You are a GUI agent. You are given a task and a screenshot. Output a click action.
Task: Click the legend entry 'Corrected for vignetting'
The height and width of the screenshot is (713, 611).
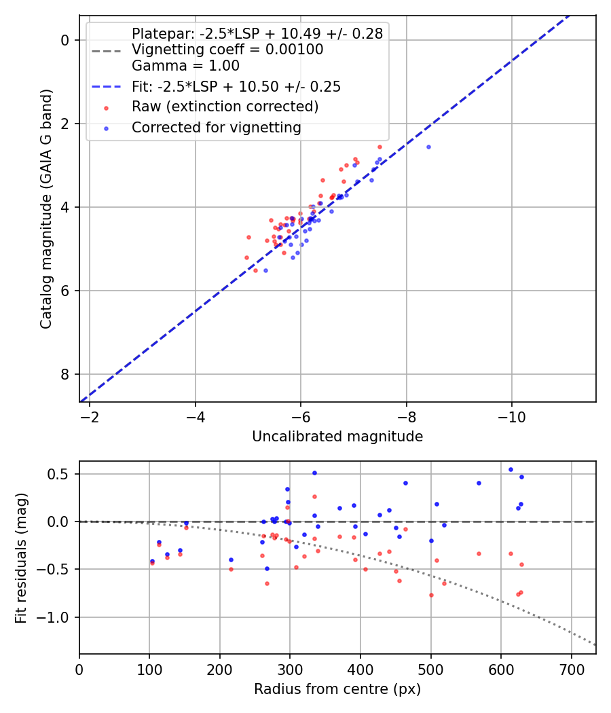point(216,127)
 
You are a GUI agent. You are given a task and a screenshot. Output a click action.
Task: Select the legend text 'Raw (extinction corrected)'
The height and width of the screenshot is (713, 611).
point(225,107)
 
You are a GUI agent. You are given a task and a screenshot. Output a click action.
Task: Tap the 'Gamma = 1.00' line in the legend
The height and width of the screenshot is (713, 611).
point(185,66)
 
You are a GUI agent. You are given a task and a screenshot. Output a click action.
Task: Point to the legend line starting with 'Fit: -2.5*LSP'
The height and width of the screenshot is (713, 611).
point(236,86)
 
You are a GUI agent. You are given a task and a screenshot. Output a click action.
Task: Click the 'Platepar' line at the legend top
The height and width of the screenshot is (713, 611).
point(257,33)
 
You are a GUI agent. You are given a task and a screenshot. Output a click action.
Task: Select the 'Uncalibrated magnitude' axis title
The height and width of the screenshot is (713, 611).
point(337,437)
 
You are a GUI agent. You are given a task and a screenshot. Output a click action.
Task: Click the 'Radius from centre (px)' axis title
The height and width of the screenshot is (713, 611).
point(337,689)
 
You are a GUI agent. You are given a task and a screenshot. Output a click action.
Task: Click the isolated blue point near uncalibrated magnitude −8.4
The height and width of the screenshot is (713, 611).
point(428,147)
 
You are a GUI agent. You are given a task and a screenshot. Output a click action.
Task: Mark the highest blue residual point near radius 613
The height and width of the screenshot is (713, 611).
point(511,469)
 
